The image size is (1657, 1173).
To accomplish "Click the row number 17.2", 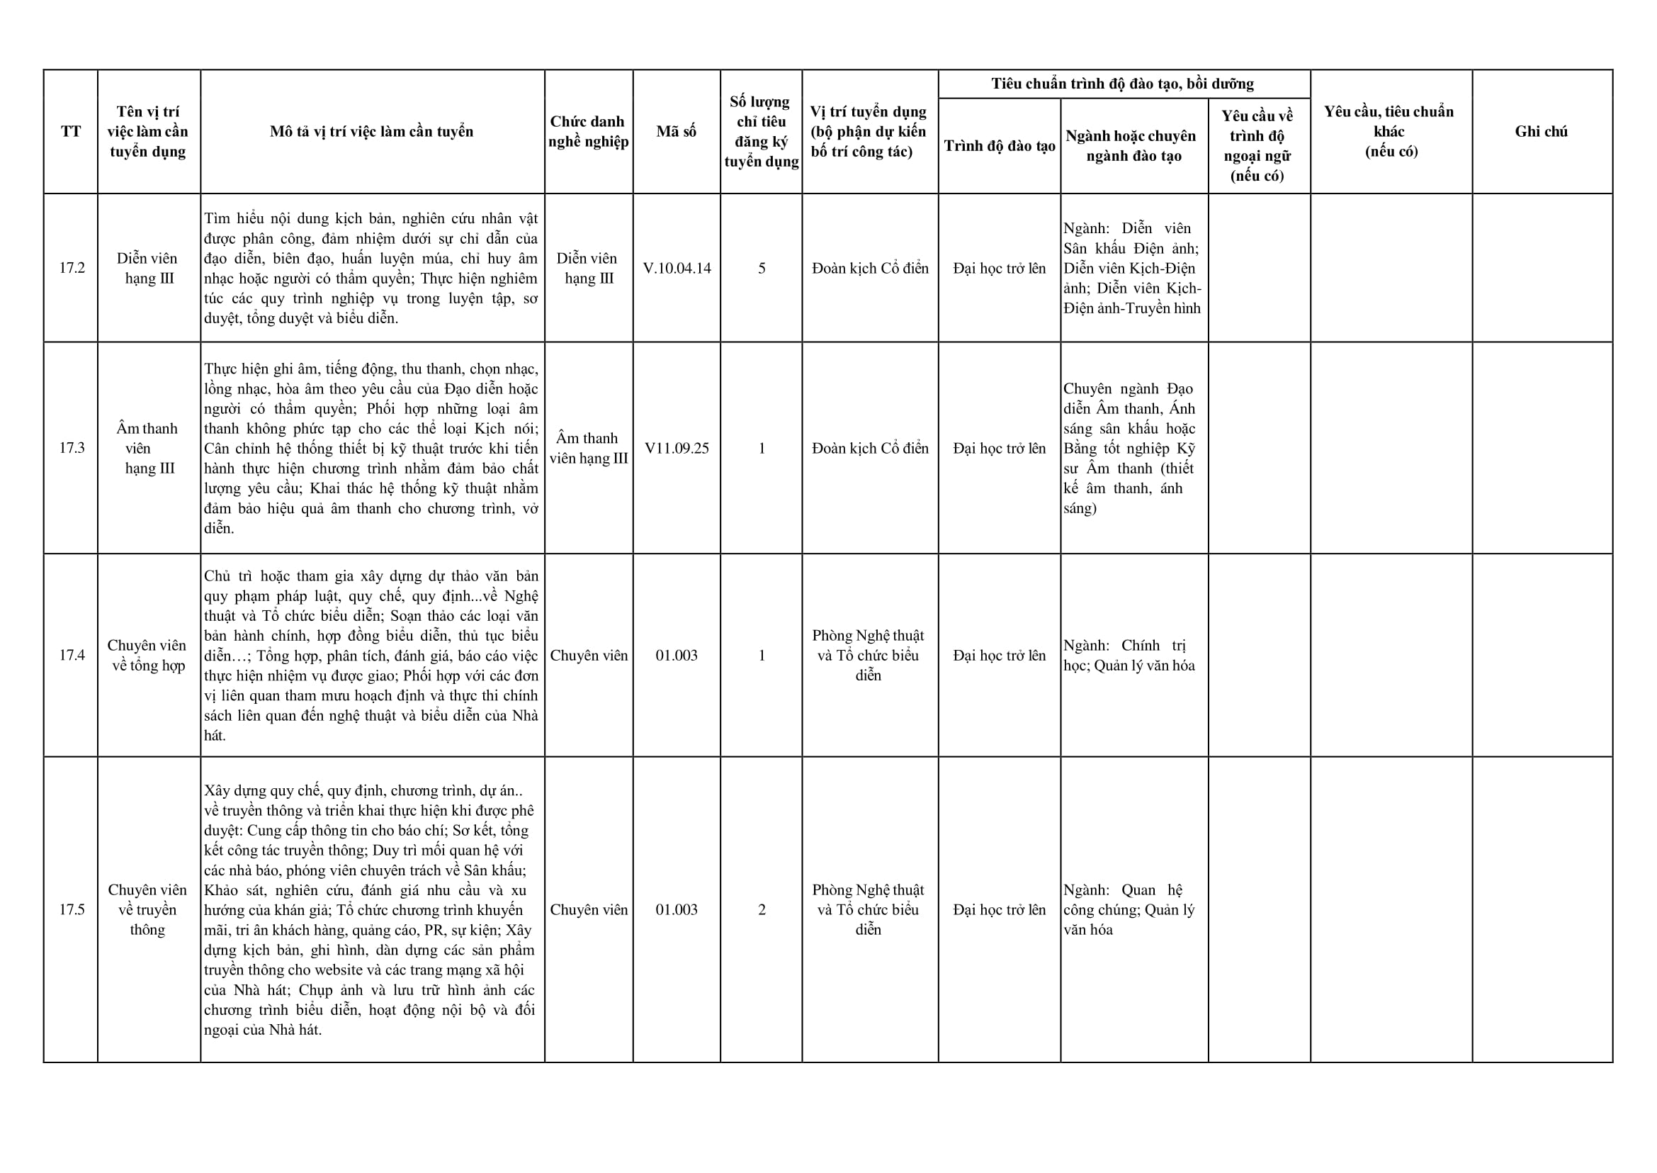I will [72, 268].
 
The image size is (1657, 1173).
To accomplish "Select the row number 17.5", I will [72, 909].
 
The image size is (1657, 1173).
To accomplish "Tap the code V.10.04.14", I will [677, 268].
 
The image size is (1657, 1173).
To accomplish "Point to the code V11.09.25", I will [677, 448].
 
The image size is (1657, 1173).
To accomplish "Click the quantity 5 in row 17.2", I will [762, 268].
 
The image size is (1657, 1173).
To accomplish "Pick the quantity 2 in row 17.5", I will [762, 909].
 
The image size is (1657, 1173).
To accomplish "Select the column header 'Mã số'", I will [677, 131].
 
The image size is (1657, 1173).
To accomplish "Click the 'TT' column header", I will [71, 131].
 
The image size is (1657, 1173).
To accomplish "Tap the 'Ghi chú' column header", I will [1541, 131].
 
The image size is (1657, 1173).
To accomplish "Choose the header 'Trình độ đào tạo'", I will [1000, 146].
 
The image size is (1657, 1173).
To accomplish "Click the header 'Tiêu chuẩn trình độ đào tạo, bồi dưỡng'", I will [1123, 84].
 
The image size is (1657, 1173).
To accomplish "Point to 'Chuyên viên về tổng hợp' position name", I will [148, 655].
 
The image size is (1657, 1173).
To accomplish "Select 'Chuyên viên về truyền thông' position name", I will [147, 909].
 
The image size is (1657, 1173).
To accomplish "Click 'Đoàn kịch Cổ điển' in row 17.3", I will [870, 448].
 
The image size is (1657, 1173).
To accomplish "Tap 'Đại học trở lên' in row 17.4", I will [1000, 655].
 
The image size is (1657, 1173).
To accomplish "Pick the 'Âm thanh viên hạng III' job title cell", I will [589, 448].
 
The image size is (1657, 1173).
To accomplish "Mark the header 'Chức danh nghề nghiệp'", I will [589, 131].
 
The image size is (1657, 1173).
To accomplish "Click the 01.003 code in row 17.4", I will [677, 655].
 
